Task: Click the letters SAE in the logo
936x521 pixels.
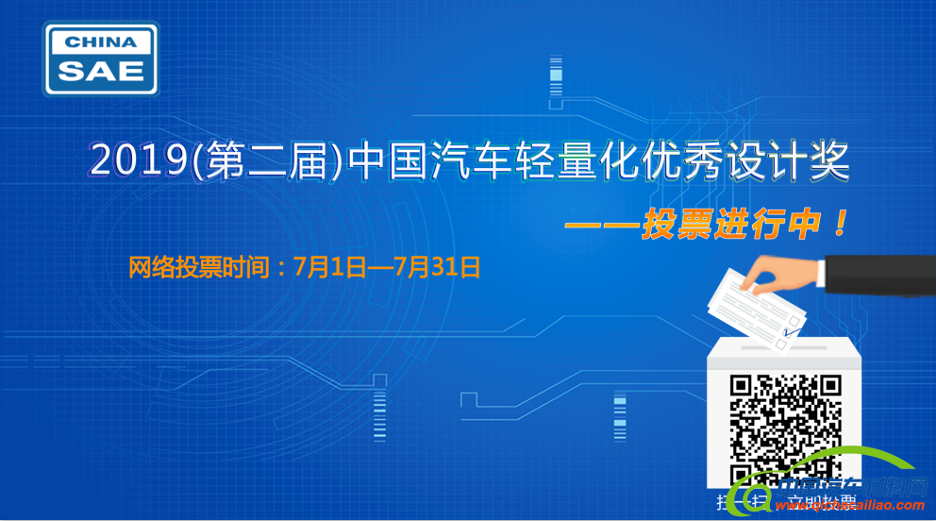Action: pyautogui.click(x=102, y=70)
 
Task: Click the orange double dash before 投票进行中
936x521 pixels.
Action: pyautogui.click(x=599, y=227)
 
